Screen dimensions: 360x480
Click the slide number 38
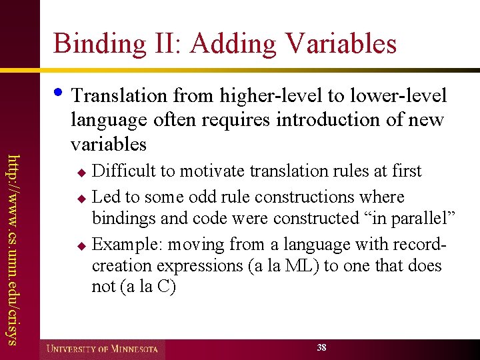(322, 348)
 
